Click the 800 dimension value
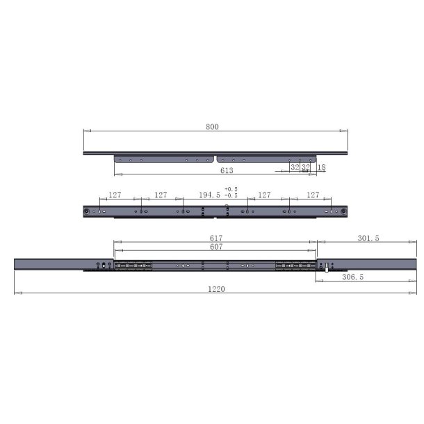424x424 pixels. (213, 127)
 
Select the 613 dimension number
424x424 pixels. (227, 170)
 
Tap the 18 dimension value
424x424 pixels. (321, 168)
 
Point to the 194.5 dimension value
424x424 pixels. (207, 195)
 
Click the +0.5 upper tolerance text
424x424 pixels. (231, 189)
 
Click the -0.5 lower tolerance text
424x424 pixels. (231, 197)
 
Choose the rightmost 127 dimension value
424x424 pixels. (313, 195)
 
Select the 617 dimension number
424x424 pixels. (215, 238)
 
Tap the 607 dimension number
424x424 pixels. (215, 247)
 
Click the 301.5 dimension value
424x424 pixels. (368, 238)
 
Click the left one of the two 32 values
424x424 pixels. (295, 168)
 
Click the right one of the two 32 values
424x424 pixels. (305, 168)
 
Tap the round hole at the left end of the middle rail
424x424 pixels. (87, 211)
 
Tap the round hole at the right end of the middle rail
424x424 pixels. (343, 211)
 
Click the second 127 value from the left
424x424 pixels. (161, 195)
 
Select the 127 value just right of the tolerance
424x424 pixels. (266, 195)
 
